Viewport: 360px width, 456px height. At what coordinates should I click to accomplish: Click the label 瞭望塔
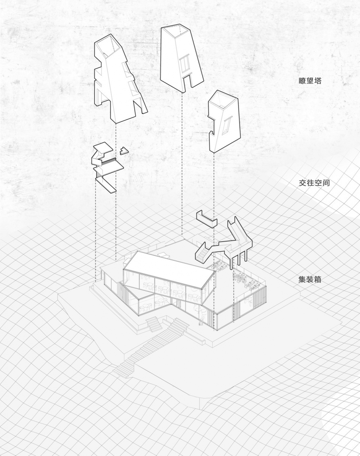[310, 81]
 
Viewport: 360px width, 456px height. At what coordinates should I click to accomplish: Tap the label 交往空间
[314, 183]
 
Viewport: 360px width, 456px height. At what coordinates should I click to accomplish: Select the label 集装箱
[310, 279]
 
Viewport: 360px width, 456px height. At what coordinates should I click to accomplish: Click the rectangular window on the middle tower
[184, 63]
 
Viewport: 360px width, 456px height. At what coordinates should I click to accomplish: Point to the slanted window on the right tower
[226, 126]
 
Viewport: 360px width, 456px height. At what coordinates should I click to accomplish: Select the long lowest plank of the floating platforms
[106, 184]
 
